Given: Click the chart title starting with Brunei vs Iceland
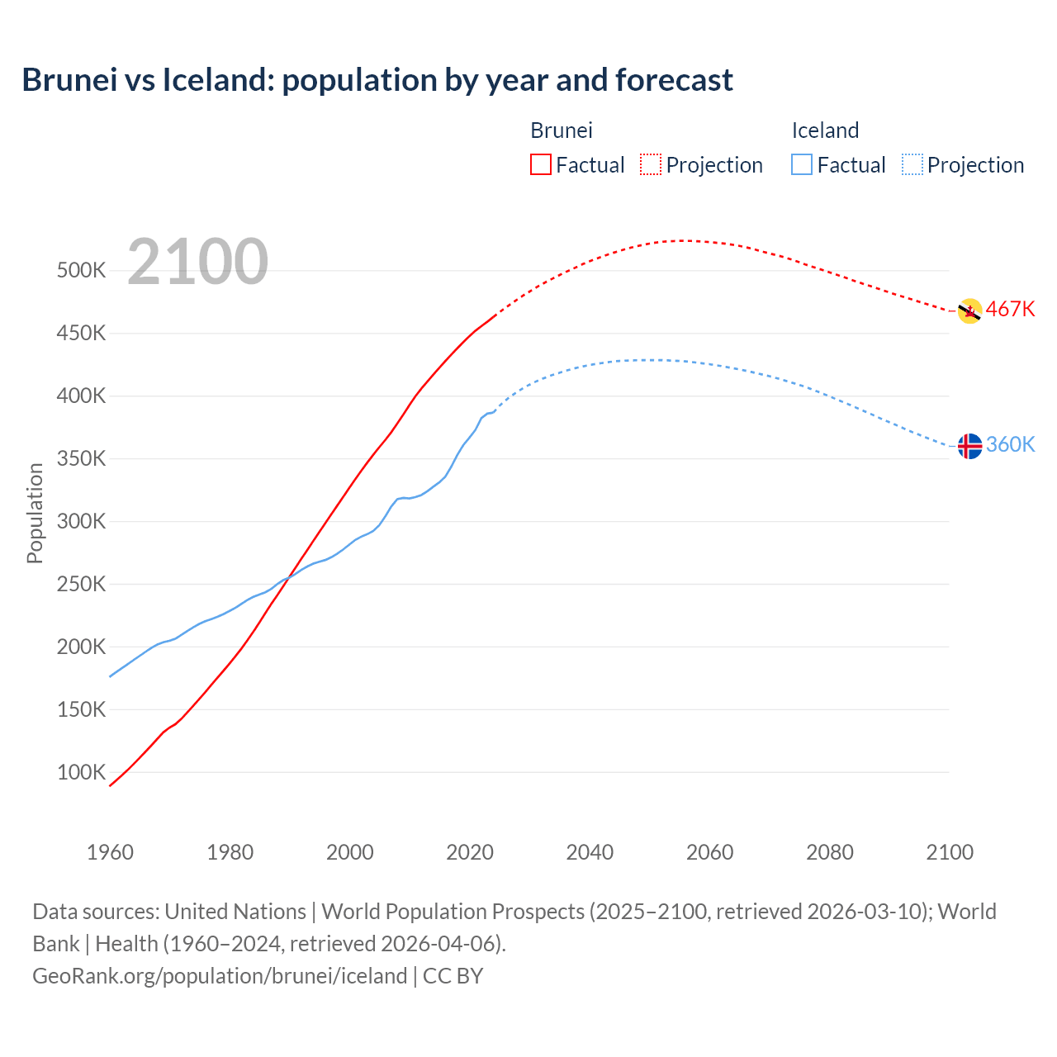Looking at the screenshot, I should pos(377,80).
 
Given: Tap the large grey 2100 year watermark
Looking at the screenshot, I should pos(197,262).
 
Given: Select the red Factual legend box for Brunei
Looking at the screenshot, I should pos(541,164).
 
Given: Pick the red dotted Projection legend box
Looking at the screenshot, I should pos(651,164).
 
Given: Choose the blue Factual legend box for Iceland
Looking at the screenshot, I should pos(802,164).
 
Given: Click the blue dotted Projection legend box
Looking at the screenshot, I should pos(912,164).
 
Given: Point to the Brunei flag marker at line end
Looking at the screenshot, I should pos(969,311).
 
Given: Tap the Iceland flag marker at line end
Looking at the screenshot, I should pos(969,446).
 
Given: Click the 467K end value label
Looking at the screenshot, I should pos(1010,310).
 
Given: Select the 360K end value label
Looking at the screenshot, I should pos(1010,445).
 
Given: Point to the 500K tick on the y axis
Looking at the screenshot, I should pos(81,271).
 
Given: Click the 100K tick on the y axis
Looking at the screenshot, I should pos(81,773).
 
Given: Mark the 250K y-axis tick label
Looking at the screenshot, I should pos(81,585).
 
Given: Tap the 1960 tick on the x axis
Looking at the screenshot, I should pos(110,852).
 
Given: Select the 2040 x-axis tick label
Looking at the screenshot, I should pos(590,852).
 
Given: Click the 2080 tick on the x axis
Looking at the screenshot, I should pos(829,852).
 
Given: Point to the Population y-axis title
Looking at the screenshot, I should pos(35,513).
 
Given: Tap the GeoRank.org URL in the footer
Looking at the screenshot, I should pos(220,976).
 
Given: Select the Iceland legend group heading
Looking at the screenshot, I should pos(825,130).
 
